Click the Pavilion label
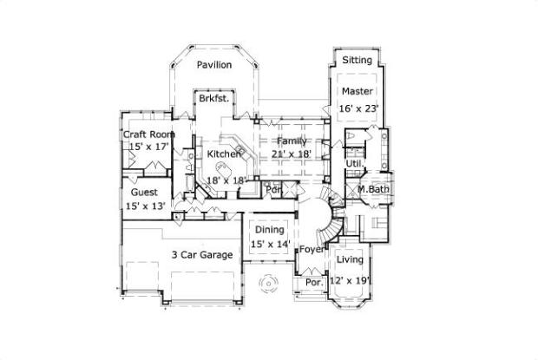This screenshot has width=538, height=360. [x=213, y=65]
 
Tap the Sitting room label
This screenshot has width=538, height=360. [x=357, y=60]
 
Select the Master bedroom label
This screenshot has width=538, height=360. [x=357, y=91]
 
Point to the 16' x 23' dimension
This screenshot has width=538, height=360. [x=358, y=108]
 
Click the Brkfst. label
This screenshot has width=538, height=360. [x=213, y=99]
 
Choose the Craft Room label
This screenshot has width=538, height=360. [x=148, y=134]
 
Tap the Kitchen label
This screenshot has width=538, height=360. [x=223, y=154]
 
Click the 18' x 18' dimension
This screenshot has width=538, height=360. [x=226, y=180]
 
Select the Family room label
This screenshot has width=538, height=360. [x=291, y=141]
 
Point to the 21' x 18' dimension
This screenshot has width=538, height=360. [x=292, y=154]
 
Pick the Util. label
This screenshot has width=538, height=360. [x=354, y=162]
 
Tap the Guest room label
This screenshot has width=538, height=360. [x=145, y=192]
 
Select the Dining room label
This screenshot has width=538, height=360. [x=269, y=230]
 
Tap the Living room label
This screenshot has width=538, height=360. [x=350, y=260]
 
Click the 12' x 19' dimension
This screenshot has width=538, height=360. [x=350, y=280]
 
